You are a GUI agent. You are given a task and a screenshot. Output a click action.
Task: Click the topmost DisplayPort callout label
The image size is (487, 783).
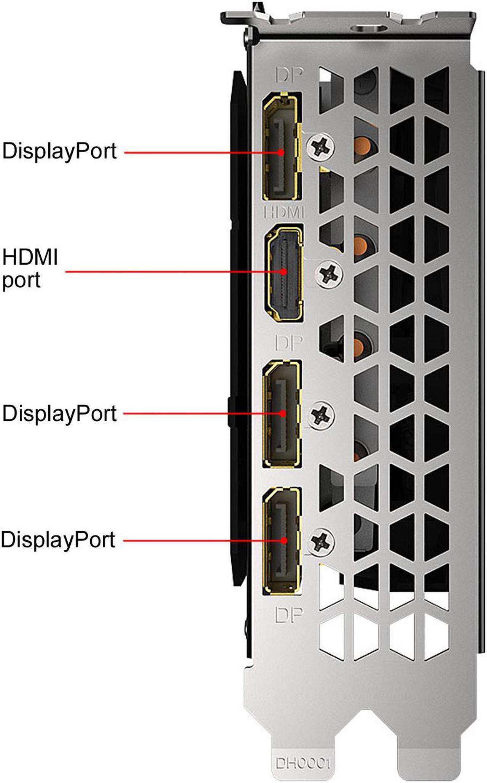[59, 151]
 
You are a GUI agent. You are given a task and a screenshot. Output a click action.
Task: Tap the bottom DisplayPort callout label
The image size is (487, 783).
[58, 540]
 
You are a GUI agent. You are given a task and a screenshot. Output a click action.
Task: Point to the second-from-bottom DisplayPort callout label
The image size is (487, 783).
[59, 414]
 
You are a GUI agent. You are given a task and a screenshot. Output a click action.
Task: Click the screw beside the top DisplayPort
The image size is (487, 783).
[321, 146]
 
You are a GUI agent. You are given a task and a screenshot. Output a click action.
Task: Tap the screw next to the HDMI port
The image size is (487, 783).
[329, 274]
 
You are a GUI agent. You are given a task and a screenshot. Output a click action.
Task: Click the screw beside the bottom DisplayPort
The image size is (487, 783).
[321, 541]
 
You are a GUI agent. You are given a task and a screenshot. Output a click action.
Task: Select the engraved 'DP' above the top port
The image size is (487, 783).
[290, 75]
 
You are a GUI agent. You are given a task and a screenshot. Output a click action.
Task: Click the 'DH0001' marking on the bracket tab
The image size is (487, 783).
[303, 763]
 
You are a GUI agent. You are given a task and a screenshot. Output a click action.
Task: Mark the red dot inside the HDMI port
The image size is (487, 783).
[284, 272]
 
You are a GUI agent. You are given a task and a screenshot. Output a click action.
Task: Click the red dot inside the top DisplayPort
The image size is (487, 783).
[281, 152]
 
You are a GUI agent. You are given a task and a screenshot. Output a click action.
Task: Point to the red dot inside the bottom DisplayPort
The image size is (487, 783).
[284, 540]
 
